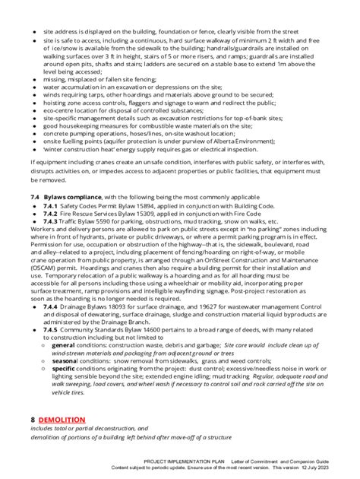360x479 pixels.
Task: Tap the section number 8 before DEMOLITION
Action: tap(33, 419)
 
